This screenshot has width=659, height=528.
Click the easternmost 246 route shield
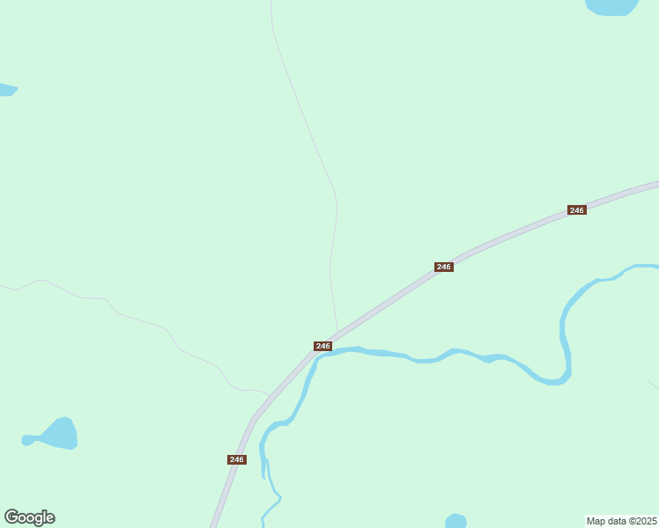pyautogui.click(x=576, y=210)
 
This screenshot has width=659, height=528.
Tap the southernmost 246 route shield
pyautogui.click(x=236, y=459)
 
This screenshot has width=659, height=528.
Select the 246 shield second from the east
pyautogui.click(x=444, y=267)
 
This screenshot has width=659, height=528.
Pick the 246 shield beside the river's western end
pyautogui.click(x=322, y=346)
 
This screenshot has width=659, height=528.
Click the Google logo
pyautogui.click(x=30, y=517)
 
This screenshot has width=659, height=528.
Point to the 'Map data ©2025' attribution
pyautogui.click(x=621, y=521)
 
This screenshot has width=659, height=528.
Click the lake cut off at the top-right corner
pyautogui.click(x=611, y=6)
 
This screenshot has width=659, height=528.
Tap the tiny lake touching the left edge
pyautogui.click(x=5, y=90)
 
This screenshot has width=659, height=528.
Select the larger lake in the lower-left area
pyautogui.click(x=61, y=433)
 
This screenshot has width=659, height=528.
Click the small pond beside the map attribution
pyautogui.click(x=455, y=521)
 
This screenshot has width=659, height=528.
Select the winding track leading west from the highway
pyautogui.click(x=141, y=320)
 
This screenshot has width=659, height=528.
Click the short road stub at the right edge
pyautogui.click(x=653, y=385)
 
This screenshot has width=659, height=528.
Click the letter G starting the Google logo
pyautogui.click(x=12, y=517)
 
